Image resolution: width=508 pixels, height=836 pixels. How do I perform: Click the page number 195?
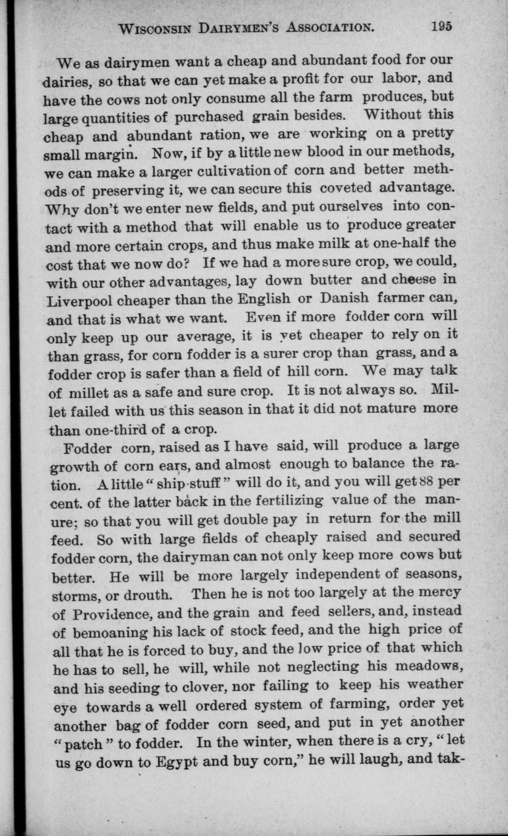click(x=443, y=26)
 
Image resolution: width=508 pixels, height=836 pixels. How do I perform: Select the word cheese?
click(x=416, y=281)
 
